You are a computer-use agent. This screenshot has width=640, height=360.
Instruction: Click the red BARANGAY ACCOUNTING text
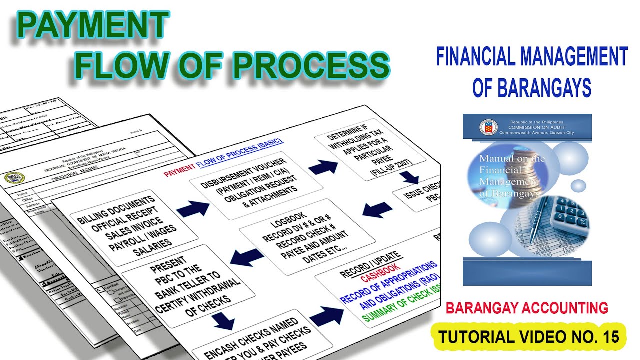(527, 308)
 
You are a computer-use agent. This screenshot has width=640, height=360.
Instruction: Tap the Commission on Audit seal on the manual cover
(488, 127)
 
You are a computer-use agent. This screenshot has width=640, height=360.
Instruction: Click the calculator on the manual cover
(570, 215)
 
